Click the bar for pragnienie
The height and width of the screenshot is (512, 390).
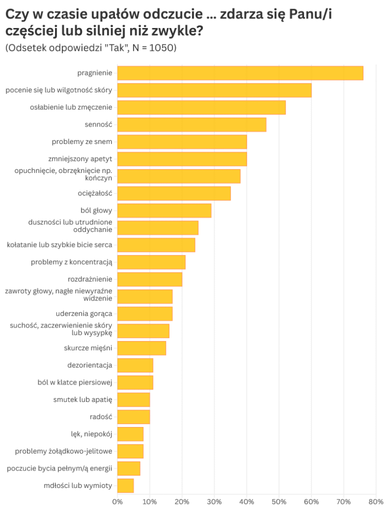[240, 73]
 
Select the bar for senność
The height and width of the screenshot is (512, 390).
[191, 124]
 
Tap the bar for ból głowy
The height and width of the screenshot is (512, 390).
[164, 210]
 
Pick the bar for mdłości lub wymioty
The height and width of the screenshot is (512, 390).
[125, 485]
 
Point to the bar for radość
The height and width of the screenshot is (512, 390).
[133, 416]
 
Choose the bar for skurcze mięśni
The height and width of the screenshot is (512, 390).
[141, 348]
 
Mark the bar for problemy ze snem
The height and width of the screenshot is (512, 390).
[182, 142]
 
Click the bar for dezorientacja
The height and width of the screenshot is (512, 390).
[135, 365]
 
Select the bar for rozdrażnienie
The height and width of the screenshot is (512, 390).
[149, 279]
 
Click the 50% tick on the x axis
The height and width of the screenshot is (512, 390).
[279, 501]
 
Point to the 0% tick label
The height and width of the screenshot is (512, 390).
[117, 501]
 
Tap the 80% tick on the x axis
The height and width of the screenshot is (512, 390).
[376, 501]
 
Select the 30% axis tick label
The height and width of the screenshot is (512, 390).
[214, 501]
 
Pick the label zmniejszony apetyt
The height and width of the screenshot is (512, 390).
[80, 159]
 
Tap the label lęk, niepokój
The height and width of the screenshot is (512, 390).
[91, 434]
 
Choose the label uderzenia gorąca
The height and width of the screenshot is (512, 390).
[84, 313]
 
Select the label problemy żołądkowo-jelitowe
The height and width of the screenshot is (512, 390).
[63, 451]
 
